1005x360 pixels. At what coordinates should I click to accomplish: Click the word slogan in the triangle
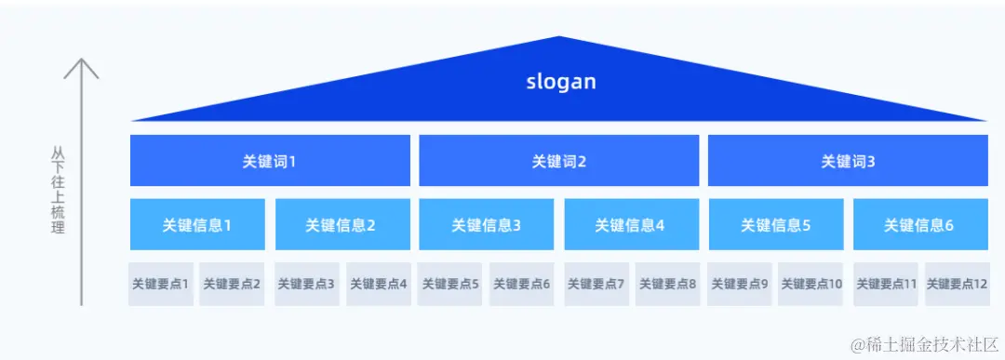tap(559, 82)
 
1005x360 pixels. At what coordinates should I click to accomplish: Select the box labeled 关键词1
tap(270, 161)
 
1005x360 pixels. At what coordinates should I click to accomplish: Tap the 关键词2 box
tap(558, 161)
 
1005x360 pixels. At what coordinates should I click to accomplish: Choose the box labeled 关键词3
tap(848, 161)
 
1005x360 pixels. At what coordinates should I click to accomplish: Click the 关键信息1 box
tap(197, 224)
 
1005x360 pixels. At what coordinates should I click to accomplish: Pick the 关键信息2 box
tap(341, 224)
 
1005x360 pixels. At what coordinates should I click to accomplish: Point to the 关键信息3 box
tap(486, 224)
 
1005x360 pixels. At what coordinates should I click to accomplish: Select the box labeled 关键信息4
tap(631, 224)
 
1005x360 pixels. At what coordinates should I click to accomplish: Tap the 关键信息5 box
tap(775, 224)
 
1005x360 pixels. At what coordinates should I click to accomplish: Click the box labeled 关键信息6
tap(919, 224)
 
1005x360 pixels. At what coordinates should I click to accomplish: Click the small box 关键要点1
tap(160, 284)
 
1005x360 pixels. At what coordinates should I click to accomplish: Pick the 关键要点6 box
tap(521, 284)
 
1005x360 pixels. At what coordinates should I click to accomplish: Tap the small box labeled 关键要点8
tap(667, 284)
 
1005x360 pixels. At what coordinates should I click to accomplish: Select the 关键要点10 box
tap(811, 284)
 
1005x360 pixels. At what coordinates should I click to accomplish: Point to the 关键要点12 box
tap(957, 284)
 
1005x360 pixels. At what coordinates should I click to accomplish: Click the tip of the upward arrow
tap(82, 60)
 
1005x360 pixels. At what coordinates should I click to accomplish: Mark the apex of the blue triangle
tap(559, 37)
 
